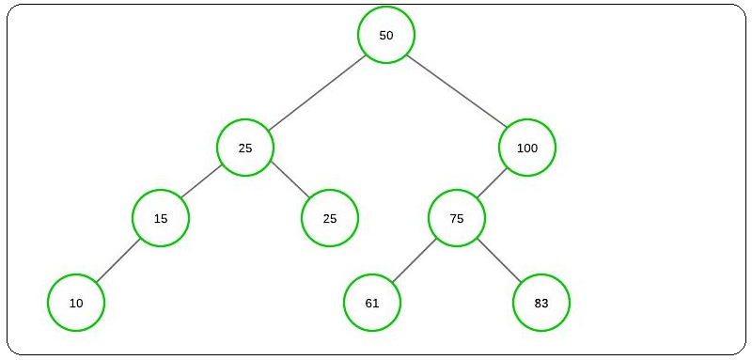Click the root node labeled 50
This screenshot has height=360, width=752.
click(x=385, y=35)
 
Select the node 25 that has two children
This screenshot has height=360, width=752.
click(x=245, y=149)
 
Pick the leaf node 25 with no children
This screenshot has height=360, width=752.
click(x=330, y=219)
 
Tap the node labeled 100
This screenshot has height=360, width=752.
click(x=527, y=148)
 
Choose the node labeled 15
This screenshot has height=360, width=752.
click(x=161, y=219)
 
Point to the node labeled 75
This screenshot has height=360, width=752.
click(x=457, y=219)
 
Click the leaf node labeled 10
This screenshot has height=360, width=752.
click(x=76, y=304)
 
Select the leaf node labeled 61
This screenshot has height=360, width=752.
click(x=372, y=304)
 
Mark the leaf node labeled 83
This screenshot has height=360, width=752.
click(x=541, y=304)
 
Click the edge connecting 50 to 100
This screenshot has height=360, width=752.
click(x=457, y=91)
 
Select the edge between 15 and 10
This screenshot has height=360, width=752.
click(x=118, y=261)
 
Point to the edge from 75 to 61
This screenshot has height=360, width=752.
click(x=415, y=261)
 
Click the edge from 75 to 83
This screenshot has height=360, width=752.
click(x=499, y=261)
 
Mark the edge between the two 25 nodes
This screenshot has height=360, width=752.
click(x=288, y=183)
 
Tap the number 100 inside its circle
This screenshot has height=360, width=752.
click(x=527, y=149)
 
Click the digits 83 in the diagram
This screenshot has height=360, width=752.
click(x=541, y=304)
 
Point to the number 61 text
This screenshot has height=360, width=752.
click(x=372, y=304)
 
